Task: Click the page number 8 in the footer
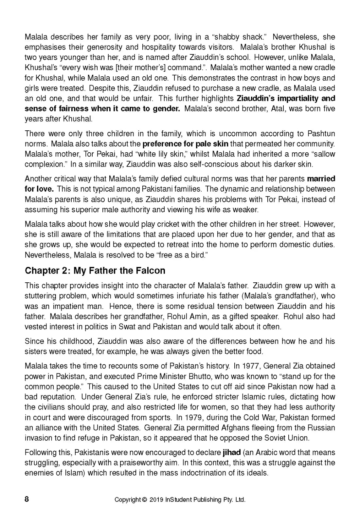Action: click(27, 499)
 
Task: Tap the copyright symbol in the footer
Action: click(145, 500)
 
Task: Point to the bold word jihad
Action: click(231, 453)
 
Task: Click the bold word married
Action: click(321, 179)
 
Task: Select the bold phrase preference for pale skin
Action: click(186, 144)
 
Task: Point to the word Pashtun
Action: click(321, 134)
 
